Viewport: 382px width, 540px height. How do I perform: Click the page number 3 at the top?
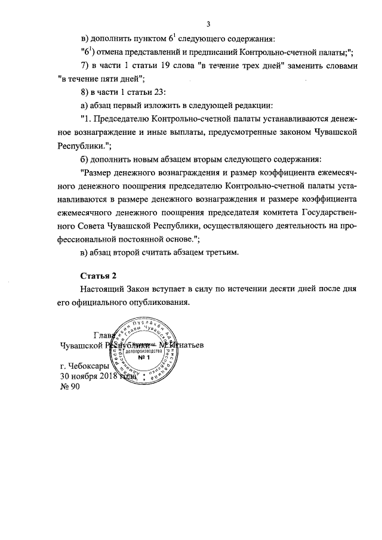[x=208, y=24]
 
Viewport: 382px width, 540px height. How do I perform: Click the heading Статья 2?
[x=95, y=276]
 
